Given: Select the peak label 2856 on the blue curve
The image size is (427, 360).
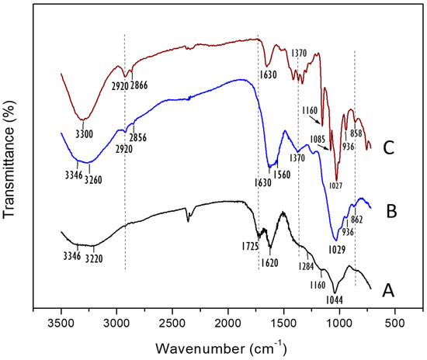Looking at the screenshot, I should pos(136,137).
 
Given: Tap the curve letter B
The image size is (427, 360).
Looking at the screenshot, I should pos(390,209).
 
